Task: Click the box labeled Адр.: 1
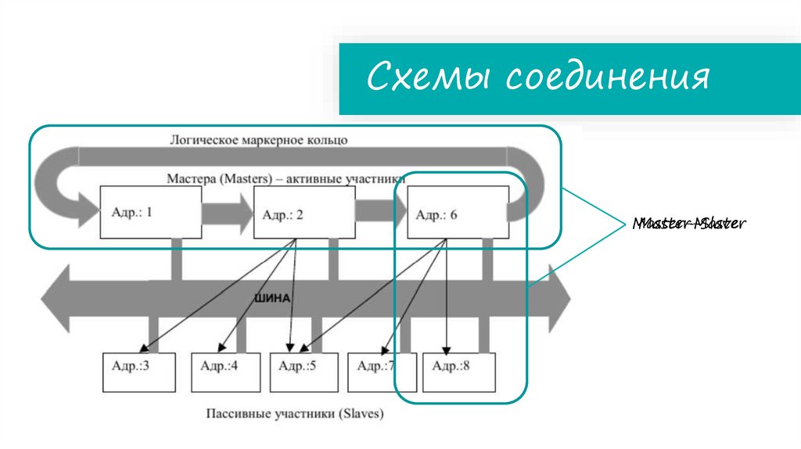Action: pyautogui.click(x=145, y=211)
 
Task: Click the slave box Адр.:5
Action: pyautogui.click(x=304, y=372)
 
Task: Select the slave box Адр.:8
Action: pyautogui.click(x=459, y=372)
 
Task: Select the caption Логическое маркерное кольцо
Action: pyautogui.click(x=259, y=140)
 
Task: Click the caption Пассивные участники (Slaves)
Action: pyautogui.click(x=296, y=414)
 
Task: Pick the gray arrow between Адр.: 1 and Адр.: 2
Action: pyautogui.click(x=222, y=212)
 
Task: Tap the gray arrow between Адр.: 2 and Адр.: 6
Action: pyautogui.click(x=376, y=212)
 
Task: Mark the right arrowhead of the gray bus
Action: pyautogui.click(x=561, y=297)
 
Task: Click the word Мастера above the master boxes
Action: pyautogui.click(x=192, y=178)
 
